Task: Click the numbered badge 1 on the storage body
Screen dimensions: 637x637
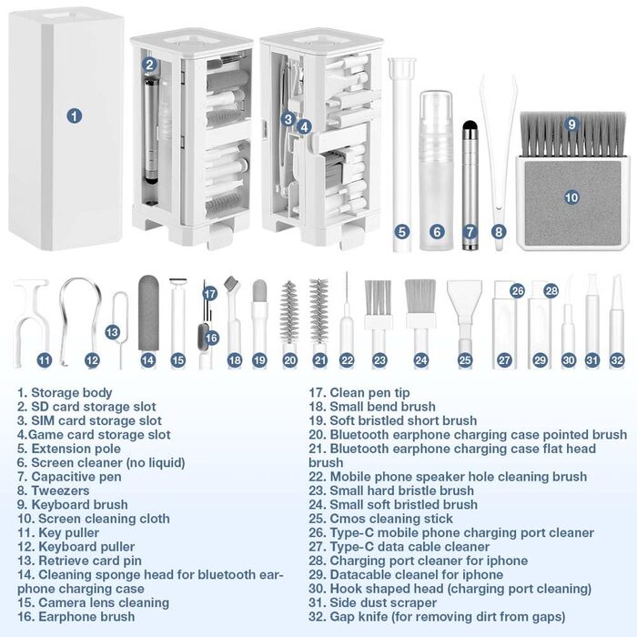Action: pos(74,116)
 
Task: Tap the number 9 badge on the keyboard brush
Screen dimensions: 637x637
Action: pos(571,124)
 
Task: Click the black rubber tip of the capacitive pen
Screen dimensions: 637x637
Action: pos(470,126)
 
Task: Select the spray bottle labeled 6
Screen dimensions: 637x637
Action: pos(436,171)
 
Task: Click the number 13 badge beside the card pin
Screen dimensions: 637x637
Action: pos(112,332)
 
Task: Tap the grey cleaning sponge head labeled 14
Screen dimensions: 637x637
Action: pos(148,313)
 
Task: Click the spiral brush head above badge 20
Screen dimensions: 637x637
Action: pos(289,312)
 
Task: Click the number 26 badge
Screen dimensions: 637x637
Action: pos(517,291)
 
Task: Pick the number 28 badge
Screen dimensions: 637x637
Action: pos(551,291)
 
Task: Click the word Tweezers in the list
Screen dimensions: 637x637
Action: pos(60,490)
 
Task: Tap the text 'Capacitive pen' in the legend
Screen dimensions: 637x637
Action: pos(76,477)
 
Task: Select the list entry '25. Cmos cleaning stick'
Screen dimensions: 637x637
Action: pos(380,519)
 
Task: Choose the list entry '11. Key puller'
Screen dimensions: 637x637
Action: pos(58,533)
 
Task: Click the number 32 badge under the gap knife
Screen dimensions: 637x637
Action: pos(617,360)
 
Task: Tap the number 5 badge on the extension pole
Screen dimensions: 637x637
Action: pos(401,232)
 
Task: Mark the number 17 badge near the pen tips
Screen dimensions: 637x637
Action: pos(209,293)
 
